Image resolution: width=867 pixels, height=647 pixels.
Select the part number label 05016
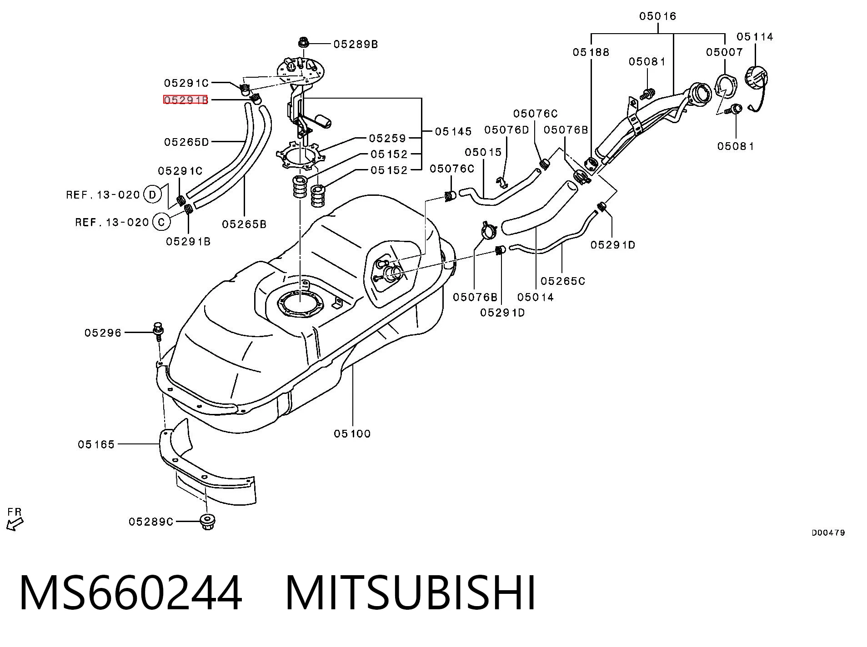point(657,16)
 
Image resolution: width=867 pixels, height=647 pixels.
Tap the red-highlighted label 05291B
point(185,100)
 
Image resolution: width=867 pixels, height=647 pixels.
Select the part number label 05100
point(352,433)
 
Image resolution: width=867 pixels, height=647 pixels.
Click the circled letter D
point(152,195)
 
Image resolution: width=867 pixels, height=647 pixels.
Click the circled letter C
point(161,222)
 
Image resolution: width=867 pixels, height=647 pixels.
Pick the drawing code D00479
point(828,533)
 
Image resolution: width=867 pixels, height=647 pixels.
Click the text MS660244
point(131,592)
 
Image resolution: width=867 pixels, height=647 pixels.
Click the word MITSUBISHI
point(411,592)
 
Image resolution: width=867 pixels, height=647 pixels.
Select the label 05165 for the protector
point(96,444)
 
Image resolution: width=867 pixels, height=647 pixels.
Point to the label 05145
point(453,132)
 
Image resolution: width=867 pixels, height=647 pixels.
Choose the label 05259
point(387,138)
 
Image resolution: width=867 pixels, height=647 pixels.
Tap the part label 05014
point(536,297)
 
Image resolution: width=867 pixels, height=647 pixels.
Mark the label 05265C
point(563,281)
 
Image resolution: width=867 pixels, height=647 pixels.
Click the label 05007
point(724,52)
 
